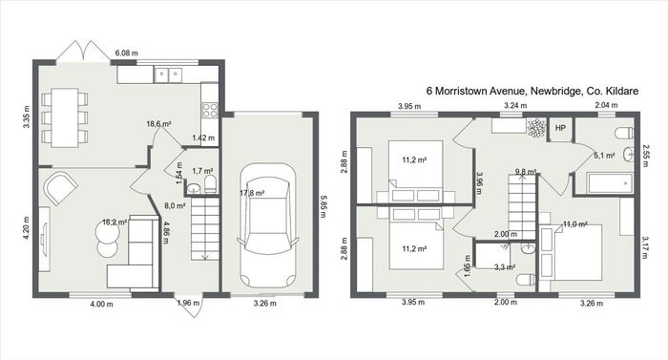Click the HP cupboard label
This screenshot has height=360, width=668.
click(560, 128)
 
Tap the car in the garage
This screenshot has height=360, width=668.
click(267, 225)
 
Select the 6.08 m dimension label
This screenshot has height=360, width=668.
click(127, 53)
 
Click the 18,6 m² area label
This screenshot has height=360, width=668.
click(159, 124)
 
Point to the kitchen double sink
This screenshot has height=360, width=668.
click(168, 74)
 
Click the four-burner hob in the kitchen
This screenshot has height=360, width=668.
click(210, 110)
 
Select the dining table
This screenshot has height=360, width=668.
click(65, 117)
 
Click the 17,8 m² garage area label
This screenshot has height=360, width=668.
click(252, 193)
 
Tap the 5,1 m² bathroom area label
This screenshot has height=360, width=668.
click(604, 156)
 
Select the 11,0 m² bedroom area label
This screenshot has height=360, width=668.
click(575, 224)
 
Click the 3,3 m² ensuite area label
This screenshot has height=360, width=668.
click(505, 267)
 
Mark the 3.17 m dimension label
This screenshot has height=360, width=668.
click(645, 247)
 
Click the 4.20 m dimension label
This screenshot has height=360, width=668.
click(27, 228)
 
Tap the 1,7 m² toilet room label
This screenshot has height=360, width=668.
click(202, 171)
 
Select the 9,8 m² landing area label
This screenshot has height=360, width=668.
click(525, 172)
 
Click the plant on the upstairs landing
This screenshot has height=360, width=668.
click(536, 128)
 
